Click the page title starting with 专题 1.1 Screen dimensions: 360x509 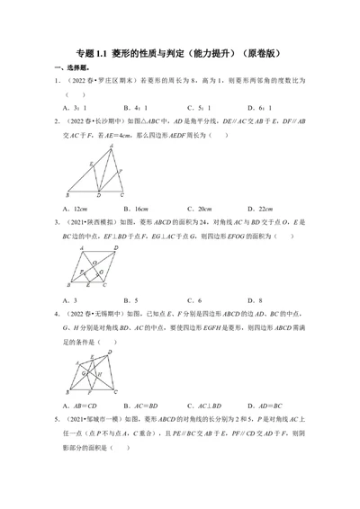(x=180, y=53)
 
